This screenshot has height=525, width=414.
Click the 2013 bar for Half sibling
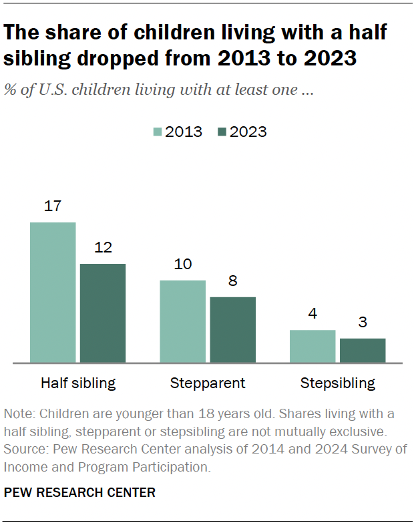pyautogui.click(x=53, y=293)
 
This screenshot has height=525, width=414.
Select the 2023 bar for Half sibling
pyautogui.click(x=103, y=313)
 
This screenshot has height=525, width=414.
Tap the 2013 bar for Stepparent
pyautogui.click(x=182, y=321)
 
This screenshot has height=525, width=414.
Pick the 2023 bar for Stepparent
pyautogui.click(x=232, y=330)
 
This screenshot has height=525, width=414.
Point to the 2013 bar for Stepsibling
pyautogui.click(x=313, y=346)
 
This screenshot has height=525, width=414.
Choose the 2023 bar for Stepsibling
pyautogui.click(x=363, y=351)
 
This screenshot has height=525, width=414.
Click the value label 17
pyautogui.click(x=53, y=207)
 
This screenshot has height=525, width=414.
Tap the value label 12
pyautogui.click(x=103, y=248)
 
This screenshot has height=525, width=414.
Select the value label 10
pyautogui.click(x=182, y=265)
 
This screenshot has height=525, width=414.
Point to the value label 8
pyautogui.click(x=232, y=281)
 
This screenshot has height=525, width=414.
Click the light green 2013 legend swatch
pyautogui.click(x=158, y=132)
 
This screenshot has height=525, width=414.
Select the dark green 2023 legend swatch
pyautogui.click(x=222, y=132)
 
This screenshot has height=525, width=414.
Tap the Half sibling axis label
pyautogui.click(x=78, y=383)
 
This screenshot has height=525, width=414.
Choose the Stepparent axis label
pyautogui.click(x=208, y=383)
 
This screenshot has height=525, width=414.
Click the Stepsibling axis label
pyautogui.click(x=337, y=383)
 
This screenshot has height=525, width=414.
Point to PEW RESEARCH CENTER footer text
pyautogui.click(x=79, y=493)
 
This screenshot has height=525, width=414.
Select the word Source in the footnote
pyautogui.click(x=21, y=450)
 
